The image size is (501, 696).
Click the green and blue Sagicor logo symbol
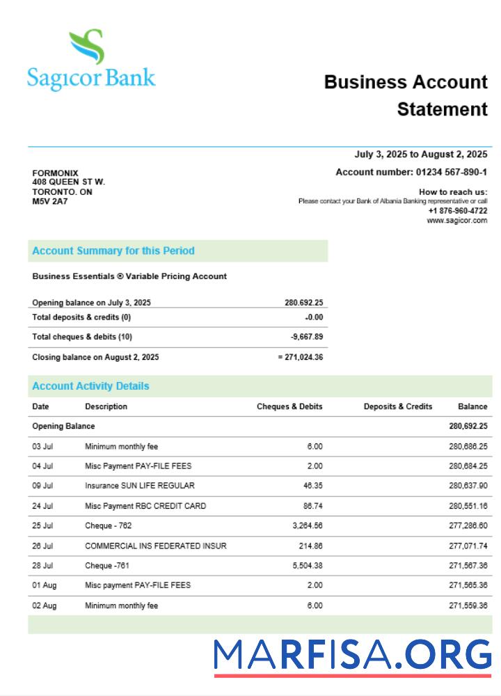(87, 47)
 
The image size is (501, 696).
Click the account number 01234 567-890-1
(452, 172)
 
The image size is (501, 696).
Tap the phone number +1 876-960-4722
(458, 211)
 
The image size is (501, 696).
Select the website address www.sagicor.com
(457, 221)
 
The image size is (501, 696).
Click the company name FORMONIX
(56, 173)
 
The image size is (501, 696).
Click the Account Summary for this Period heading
(113, 251)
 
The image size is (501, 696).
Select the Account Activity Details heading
(90, 386)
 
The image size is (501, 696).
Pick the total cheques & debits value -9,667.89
(307, 337)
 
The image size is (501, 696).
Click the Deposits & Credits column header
(398, 406)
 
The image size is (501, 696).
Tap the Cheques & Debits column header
(289, 406)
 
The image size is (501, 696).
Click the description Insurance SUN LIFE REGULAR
(140, 486)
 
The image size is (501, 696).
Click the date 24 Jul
(42, 506)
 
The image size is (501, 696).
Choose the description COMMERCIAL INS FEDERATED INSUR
(156, 546)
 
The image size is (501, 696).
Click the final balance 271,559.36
(468, 606)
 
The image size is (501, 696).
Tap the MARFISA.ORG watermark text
(352, 656)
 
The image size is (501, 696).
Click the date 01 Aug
(45, 585)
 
